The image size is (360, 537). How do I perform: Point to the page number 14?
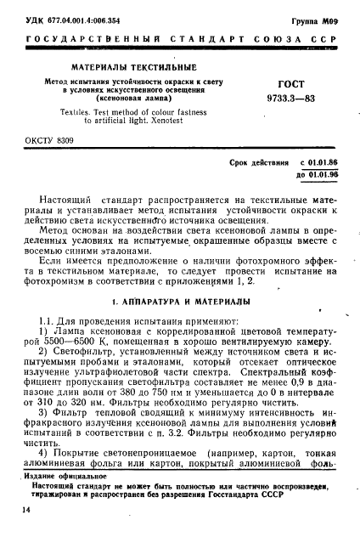pos(28,507)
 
